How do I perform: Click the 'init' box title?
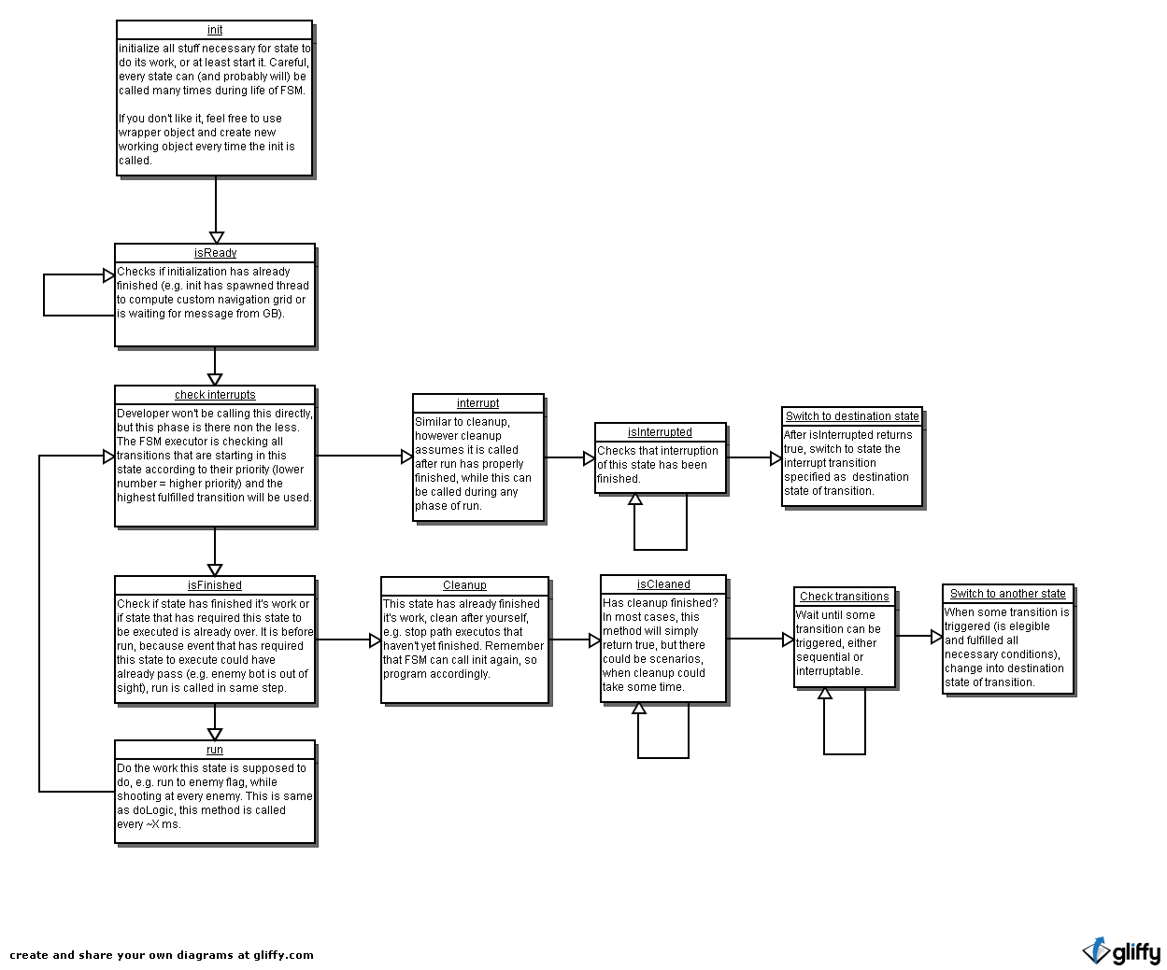point(215,30)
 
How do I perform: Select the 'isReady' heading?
point(215,253)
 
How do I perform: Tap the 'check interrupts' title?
point(215,395)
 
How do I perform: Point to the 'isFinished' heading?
point(215,585)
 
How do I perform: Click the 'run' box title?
point(215,750)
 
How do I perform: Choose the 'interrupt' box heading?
point(477,403)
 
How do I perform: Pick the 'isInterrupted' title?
point(660,432)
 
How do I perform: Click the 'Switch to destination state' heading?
point(852,416)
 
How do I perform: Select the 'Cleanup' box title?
point(464,585)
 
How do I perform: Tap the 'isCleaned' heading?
point(663,584)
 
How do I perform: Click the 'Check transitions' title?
point(844,597)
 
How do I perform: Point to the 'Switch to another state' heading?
point(1008,594)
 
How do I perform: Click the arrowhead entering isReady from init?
point(216,237)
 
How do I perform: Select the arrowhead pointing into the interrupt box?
point(406,457)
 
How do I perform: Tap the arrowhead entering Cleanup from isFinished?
point(375,640)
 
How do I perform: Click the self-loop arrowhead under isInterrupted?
point(635,499)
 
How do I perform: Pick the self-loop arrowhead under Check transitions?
point(825,693)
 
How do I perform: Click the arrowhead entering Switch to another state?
point(937,637)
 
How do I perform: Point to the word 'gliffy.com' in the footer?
point(283,955)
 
